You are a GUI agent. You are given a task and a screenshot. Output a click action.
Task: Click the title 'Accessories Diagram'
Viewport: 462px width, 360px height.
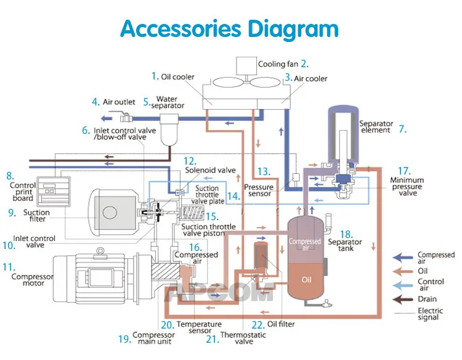(229, 29)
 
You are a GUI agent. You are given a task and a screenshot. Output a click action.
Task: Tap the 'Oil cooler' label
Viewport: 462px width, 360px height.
(178, 77)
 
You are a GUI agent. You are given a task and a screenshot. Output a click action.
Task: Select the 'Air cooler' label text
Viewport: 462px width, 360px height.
(310, 78)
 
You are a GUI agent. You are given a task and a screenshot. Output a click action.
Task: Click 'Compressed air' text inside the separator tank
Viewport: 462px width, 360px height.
(305, 245)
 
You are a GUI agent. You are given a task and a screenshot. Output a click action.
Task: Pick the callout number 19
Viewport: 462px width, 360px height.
(125, 338)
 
